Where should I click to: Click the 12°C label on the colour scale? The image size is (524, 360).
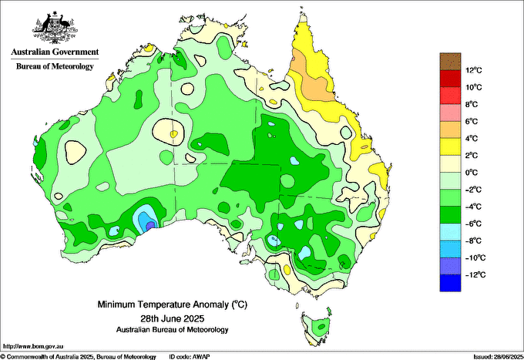pyautogui.click(x=474, y=70)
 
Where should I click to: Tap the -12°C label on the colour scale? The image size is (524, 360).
pyautogui.click(x=474, y=275)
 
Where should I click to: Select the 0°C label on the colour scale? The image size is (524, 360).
pyautogui.click(x=472, y=173)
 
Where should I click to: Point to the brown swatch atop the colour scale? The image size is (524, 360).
pyautogui.click(x=450, y=61)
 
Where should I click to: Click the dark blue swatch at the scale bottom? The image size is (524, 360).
pyautogui.click(x=450, y=283)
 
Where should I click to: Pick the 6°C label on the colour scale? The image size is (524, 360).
pyautogui.click(x=472, y=122)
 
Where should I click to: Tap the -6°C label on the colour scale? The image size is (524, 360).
pyautogui.click(x=473, y=224)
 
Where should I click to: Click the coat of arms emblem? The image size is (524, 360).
pyautogui.click(x=55, y=28)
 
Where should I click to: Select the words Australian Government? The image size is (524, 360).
pyautogui.click(x=55, y=52)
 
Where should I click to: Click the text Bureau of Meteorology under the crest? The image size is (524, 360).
pyautogui.click(x=55, y=66)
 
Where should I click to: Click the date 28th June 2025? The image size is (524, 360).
pyautogui.click(x=173, y=318)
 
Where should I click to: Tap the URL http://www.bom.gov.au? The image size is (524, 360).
pyautogui.click(x=33, y=347)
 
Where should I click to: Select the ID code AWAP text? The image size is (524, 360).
pyautogui.click(x=190, y=357)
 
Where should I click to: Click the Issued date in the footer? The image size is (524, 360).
pyautogui.click(x=499, y=357)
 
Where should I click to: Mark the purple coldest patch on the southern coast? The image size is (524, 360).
pyautogui.click(x=150, y=225)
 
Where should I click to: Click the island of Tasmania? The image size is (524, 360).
pyautogui.click(x=317, y=327)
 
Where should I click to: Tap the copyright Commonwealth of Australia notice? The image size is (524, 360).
pyautogui.click(x=78, y=357)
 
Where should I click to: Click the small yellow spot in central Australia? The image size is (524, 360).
pyautogui.click(x=173, y=134)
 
